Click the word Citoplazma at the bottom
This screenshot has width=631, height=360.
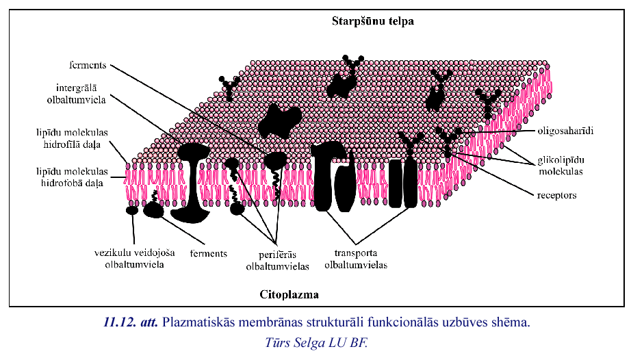point(289,295)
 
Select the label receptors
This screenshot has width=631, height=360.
point(556,195)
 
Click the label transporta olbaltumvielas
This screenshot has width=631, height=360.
point(356,258)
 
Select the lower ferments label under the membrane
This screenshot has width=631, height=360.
point(208,253)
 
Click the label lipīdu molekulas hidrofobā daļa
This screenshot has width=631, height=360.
point(73,179)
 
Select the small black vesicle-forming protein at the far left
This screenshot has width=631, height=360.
point(131,210)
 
